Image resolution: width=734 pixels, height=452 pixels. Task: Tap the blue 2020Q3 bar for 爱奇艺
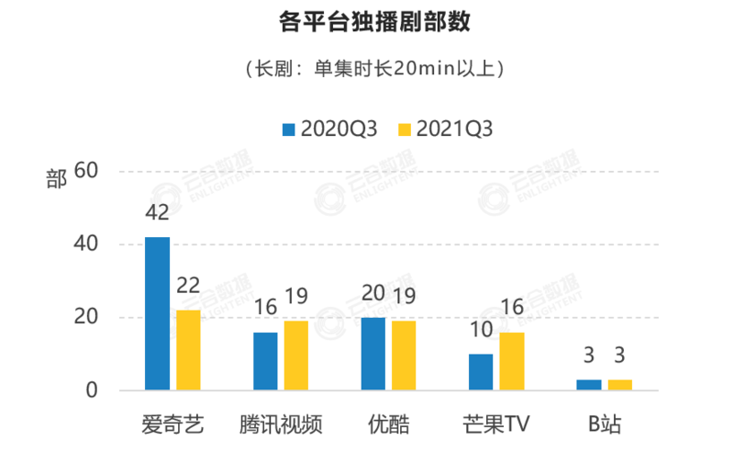point(157,313)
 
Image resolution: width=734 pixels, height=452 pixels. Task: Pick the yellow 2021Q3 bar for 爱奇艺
point(188,350)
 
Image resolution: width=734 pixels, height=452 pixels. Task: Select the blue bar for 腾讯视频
point(265,361)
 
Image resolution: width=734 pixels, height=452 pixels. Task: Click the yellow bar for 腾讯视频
point(296,356)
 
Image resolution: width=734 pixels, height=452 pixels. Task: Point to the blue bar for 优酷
point(373,354)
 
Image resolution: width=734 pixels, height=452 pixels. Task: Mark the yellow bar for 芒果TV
point(512,361)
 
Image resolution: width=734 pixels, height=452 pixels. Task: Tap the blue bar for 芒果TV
point(481,372)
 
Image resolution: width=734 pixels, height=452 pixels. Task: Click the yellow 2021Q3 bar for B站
point(620,385)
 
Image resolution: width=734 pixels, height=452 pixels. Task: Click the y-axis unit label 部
point(56,178)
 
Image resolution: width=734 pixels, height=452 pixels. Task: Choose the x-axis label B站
point(605,424)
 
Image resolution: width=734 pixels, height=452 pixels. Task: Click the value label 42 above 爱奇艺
point(157,212)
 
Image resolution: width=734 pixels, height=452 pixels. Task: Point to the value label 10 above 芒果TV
point(480,329)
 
